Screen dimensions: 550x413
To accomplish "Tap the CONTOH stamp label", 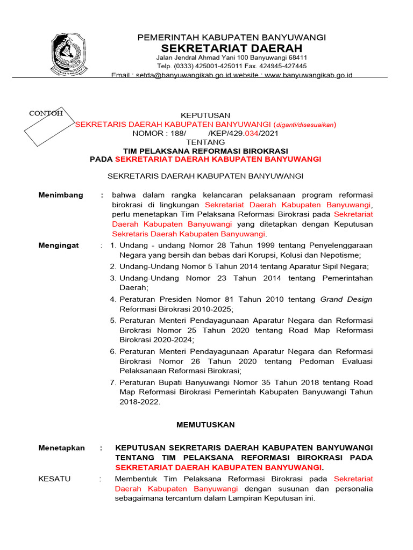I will pyautogui.click(x=46, y=113).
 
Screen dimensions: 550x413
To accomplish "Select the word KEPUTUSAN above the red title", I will pyautogui.click(x=205, y=115).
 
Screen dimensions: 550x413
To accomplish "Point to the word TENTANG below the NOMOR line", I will pyautogui.click(x=205, y=142).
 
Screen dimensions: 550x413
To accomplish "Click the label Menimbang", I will pyautogui.click(x=61, y=195).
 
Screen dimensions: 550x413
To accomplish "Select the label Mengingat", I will pyautogui.click(x=59, y=245).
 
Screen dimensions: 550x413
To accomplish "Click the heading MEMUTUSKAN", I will pyautogui.click(x=206, y=424).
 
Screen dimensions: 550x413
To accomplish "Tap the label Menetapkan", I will pyautogui.click(x=61, y=448).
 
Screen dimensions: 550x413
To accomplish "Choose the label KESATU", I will pyautogui.click(x=54, y=479).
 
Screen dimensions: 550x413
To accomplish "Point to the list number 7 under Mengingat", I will pyautogui.click(x=113, y=382).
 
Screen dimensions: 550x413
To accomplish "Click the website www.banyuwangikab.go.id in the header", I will pyautogui.click(x=309, y=75).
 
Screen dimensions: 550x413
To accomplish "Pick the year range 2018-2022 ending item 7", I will pyautogui.click(x=139, y=402).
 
